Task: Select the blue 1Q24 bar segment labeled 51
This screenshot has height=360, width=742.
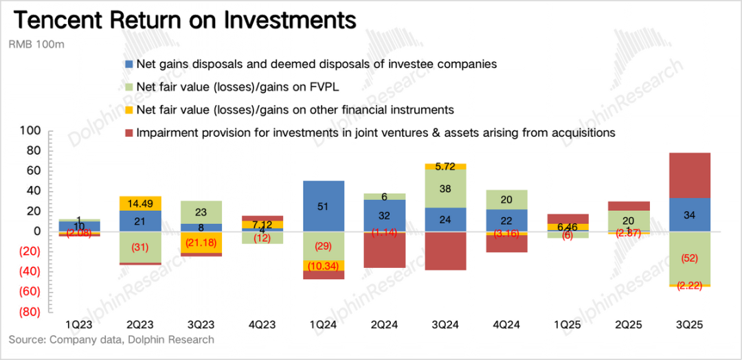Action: pyautogui.click(x=324, y=206)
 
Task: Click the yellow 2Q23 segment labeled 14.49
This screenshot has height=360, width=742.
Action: pyautogui.click(x=140, y=203)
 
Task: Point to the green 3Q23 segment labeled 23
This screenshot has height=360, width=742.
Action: pyautogui.click(x=201, y=212)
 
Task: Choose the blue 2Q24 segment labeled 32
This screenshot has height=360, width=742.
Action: pyautogui.click(x=385, y=216)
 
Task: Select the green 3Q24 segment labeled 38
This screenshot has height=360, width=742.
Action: pyautogui.click(x=446, y=188)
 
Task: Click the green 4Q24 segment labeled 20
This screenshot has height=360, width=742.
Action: pyautogui.click(x=507, y=200)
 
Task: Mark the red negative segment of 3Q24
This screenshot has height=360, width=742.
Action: pyautogui.click(x=446, y=251)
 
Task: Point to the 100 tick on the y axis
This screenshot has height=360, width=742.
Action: pyautogui.click(x=32, y=131)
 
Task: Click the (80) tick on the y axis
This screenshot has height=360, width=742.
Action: pyautogui.click(x=29, y=312)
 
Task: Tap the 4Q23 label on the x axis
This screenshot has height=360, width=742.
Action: pyautogui.click(x=262, y=324)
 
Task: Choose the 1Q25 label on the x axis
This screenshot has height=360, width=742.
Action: pyautogui.click(x=567, y=324)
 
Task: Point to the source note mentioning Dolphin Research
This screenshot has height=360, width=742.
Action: pyautogui.click(x=111, y=340)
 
